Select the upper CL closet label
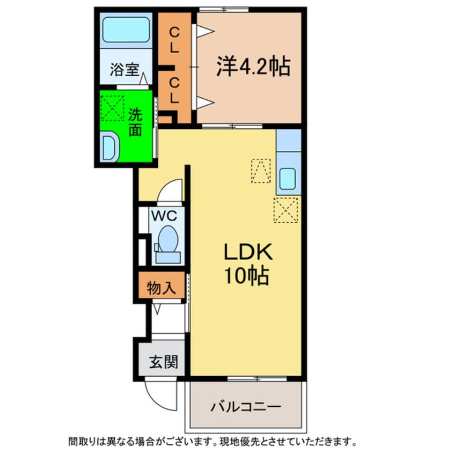(174, 40)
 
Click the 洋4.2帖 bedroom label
(253, 67)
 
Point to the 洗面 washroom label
(135, 122)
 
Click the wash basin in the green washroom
(109, 145)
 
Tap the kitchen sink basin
(288, 178)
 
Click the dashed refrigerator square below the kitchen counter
(285, 210)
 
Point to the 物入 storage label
(162, 287)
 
